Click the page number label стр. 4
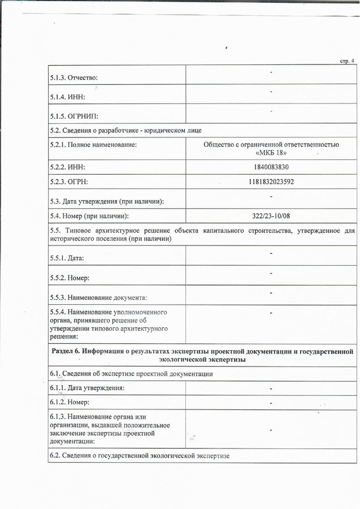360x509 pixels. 346,61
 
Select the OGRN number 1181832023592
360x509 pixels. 271,182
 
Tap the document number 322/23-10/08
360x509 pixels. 271,216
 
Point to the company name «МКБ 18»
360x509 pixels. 271,153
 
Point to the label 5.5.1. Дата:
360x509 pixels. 67,258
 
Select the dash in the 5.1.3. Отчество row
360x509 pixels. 271,72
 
